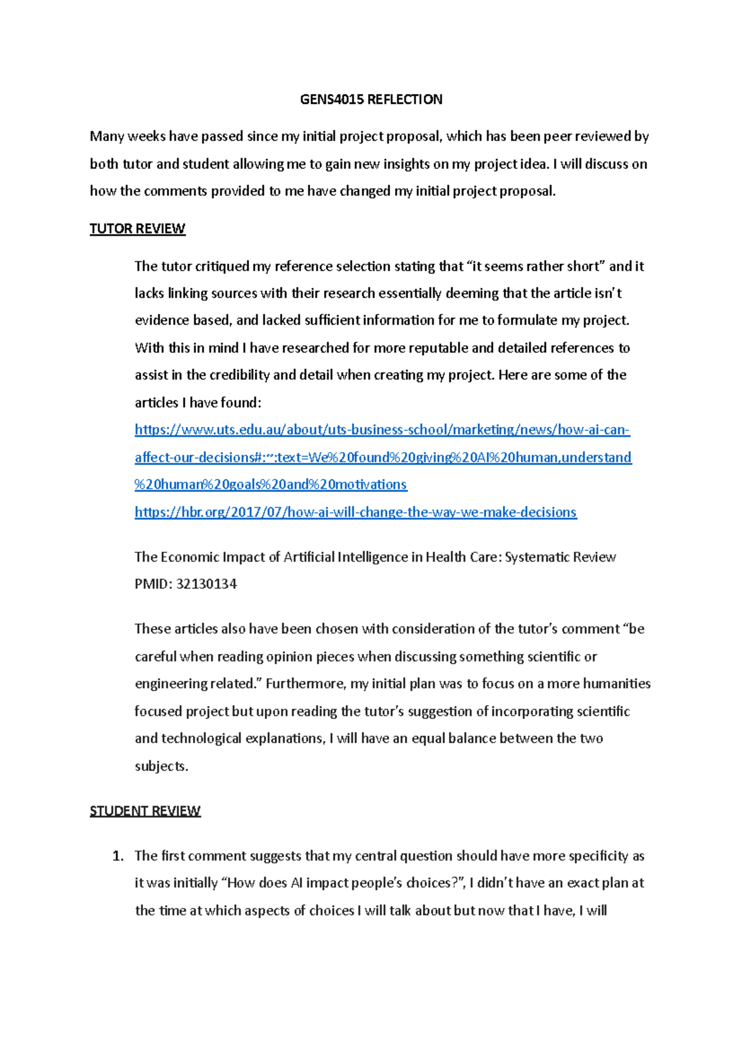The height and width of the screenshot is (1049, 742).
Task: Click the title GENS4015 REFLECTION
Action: pos(371,99)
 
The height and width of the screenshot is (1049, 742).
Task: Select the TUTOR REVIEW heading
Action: pos(137,229)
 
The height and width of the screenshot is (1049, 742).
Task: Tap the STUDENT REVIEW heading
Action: pos(145,811)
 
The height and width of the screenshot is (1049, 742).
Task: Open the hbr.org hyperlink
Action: pos(356,512)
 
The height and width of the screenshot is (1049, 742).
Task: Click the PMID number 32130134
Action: pos(207,584)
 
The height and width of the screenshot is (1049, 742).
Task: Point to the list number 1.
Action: pos(117,856)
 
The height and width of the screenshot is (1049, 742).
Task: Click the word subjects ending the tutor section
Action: pos(161,766)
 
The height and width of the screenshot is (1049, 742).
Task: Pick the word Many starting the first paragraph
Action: pos(107,136)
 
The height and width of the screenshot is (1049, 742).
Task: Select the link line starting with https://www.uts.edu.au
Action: pos(382,429)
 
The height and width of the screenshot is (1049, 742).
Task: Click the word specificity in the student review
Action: pos(598,856)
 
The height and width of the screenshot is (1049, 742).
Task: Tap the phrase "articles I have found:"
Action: pos(198,402)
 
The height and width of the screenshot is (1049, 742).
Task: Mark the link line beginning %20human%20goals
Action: pos(270,484)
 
